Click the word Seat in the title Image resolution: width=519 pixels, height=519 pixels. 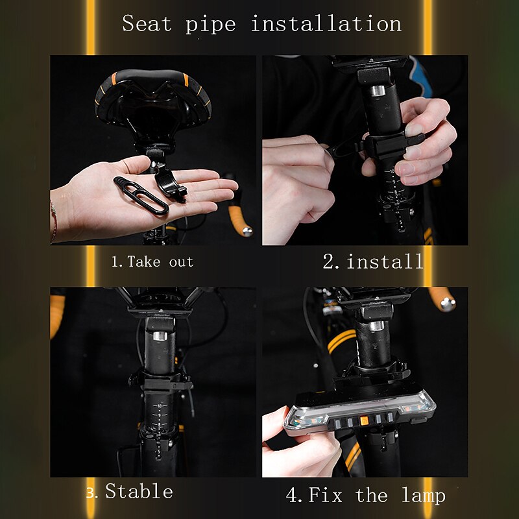(147, 24)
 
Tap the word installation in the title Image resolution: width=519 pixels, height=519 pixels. (326, 24)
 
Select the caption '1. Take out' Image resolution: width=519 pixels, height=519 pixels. (152, 262)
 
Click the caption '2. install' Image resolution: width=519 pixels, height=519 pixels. (373, 261)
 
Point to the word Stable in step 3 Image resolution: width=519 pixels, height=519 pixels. (139, 491)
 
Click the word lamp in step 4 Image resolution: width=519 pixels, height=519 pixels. (424, 496)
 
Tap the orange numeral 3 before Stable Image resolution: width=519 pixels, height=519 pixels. (91, 493)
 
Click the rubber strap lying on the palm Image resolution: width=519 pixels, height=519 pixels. (141, 196)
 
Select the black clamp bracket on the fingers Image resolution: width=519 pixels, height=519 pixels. (170, 183)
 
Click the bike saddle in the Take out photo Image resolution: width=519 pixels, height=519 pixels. (153, 99)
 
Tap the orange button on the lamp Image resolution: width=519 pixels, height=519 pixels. (363, 421)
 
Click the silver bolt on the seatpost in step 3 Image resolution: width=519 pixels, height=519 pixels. (160, 335)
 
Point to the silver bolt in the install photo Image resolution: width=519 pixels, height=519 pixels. (377, 90)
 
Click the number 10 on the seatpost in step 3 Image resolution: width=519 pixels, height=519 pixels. (160, 406)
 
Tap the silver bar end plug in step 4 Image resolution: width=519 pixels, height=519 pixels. (447, 304)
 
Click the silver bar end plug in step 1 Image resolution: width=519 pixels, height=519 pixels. (247, 232)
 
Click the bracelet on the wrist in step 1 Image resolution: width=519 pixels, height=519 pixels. (54, 219)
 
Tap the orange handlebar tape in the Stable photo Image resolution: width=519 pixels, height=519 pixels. (56, 315)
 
